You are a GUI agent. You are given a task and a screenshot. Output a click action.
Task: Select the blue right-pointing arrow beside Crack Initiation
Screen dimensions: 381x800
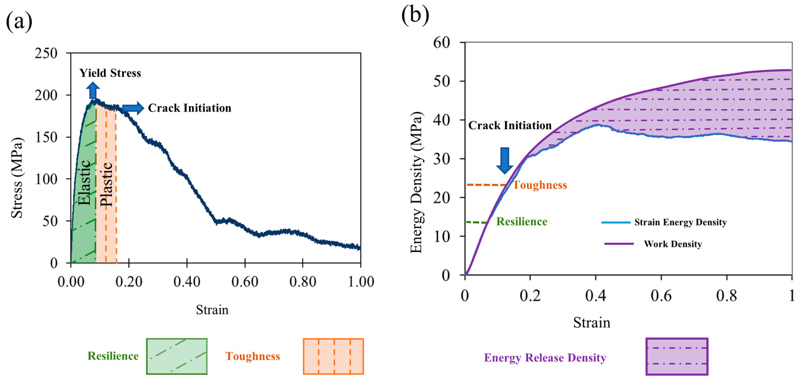(x=133, y=108)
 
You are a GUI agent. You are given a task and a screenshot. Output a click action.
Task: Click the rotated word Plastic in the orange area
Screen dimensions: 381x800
(x=106, y=184)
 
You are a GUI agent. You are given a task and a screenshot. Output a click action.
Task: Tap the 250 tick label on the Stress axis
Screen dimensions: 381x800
(x=46, y=53)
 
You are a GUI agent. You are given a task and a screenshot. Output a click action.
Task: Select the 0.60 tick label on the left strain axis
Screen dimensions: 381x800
(x=245, y=282)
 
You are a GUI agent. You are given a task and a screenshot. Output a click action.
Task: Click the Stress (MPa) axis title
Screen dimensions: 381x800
(x=17, y=178)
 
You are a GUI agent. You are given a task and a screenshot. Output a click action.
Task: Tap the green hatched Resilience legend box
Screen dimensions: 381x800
(x=177, y=356)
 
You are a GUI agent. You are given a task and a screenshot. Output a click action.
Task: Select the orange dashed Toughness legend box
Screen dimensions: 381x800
(x=333, y=356)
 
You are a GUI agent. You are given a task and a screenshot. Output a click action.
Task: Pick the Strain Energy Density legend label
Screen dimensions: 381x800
(x=680, y=222)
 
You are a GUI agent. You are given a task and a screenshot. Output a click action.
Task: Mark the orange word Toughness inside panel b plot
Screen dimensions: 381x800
(x=540, y=185)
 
